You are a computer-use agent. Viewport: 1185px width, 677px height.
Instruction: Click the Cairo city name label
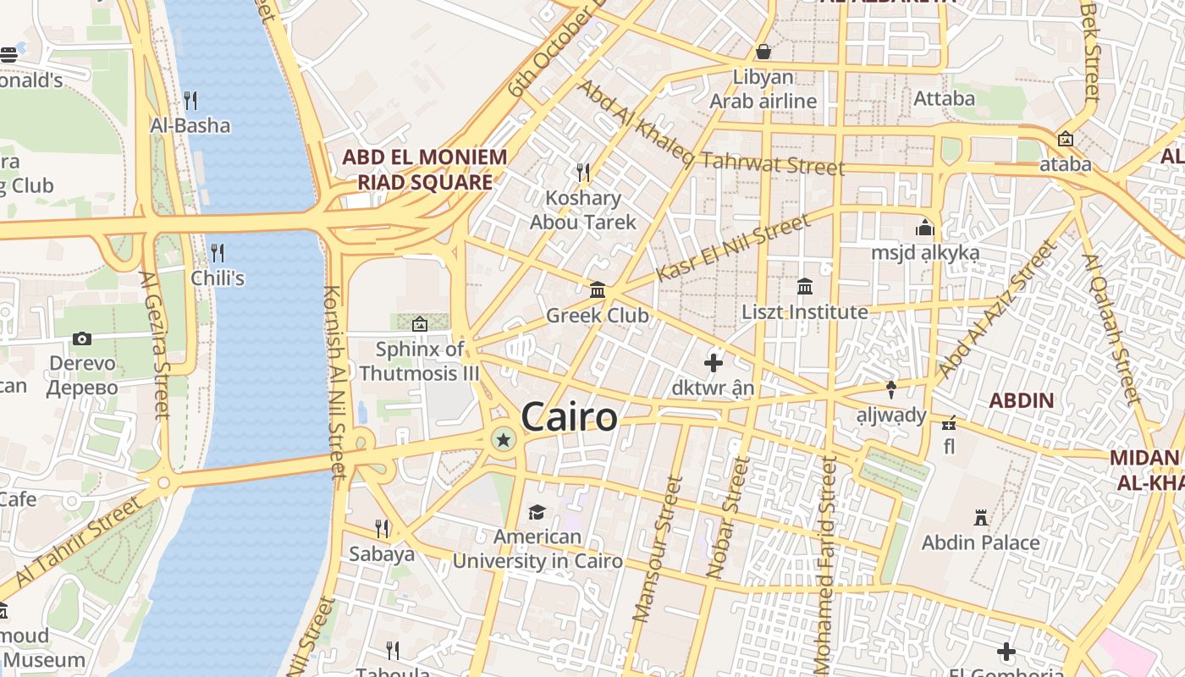click(569, 417)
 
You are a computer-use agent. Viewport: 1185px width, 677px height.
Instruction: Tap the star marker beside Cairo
click(504, 439)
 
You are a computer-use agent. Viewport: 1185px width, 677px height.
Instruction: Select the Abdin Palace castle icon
click(981, 517)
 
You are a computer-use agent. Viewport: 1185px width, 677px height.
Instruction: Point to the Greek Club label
click(597, 316)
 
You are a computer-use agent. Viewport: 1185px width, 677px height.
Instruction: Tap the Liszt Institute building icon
click(805, 287)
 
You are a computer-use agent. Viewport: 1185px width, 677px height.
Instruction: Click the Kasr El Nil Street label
click(733, 248)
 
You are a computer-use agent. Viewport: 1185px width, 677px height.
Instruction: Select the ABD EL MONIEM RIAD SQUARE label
click(424, 169)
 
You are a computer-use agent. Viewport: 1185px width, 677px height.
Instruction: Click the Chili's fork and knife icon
click(218, 252)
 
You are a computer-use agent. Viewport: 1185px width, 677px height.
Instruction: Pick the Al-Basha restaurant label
click(190, 125)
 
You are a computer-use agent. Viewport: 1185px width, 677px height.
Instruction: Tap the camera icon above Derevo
click(82, 339)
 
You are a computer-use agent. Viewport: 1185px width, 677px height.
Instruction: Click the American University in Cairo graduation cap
click(537, 512)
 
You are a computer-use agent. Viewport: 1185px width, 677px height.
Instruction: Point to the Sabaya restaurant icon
click(382, 529)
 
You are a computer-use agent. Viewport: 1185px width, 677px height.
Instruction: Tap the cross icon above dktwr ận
click(714, 363)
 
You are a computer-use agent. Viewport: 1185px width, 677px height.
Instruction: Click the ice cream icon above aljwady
click(891, 389)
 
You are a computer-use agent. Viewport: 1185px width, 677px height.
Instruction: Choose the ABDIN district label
click(1022, 400)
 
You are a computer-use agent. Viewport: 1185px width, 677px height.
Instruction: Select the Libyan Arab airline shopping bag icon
click(763, 52)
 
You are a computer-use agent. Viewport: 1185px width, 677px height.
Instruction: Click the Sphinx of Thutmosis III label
click(419, 361)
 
